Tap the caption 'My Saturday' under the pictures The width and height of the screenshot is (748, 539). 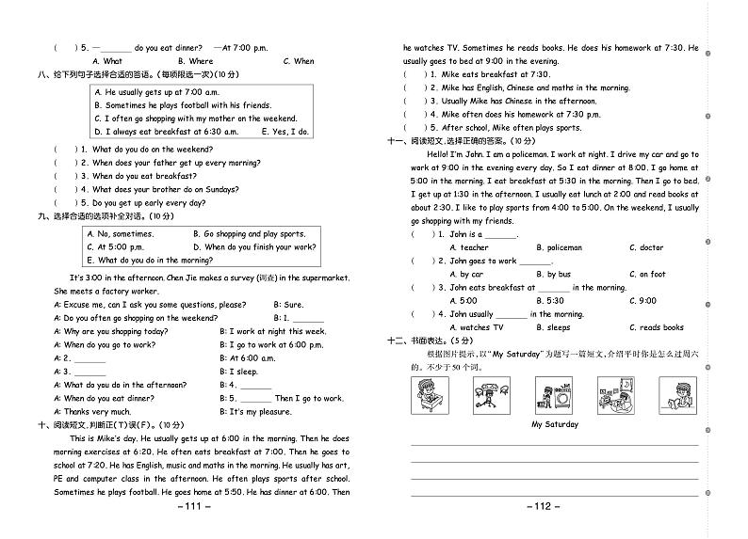point(554,424)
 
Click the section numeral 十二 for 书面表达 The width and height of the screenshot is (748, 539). point(396,341)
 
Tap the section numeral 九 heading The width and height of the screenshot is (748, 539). point(42,215)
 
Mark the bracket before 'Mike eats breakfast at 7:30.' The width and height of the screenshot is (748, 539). point(412,74)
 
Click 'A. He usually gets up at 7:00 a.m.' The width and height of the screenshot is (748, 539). point(156,92)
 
